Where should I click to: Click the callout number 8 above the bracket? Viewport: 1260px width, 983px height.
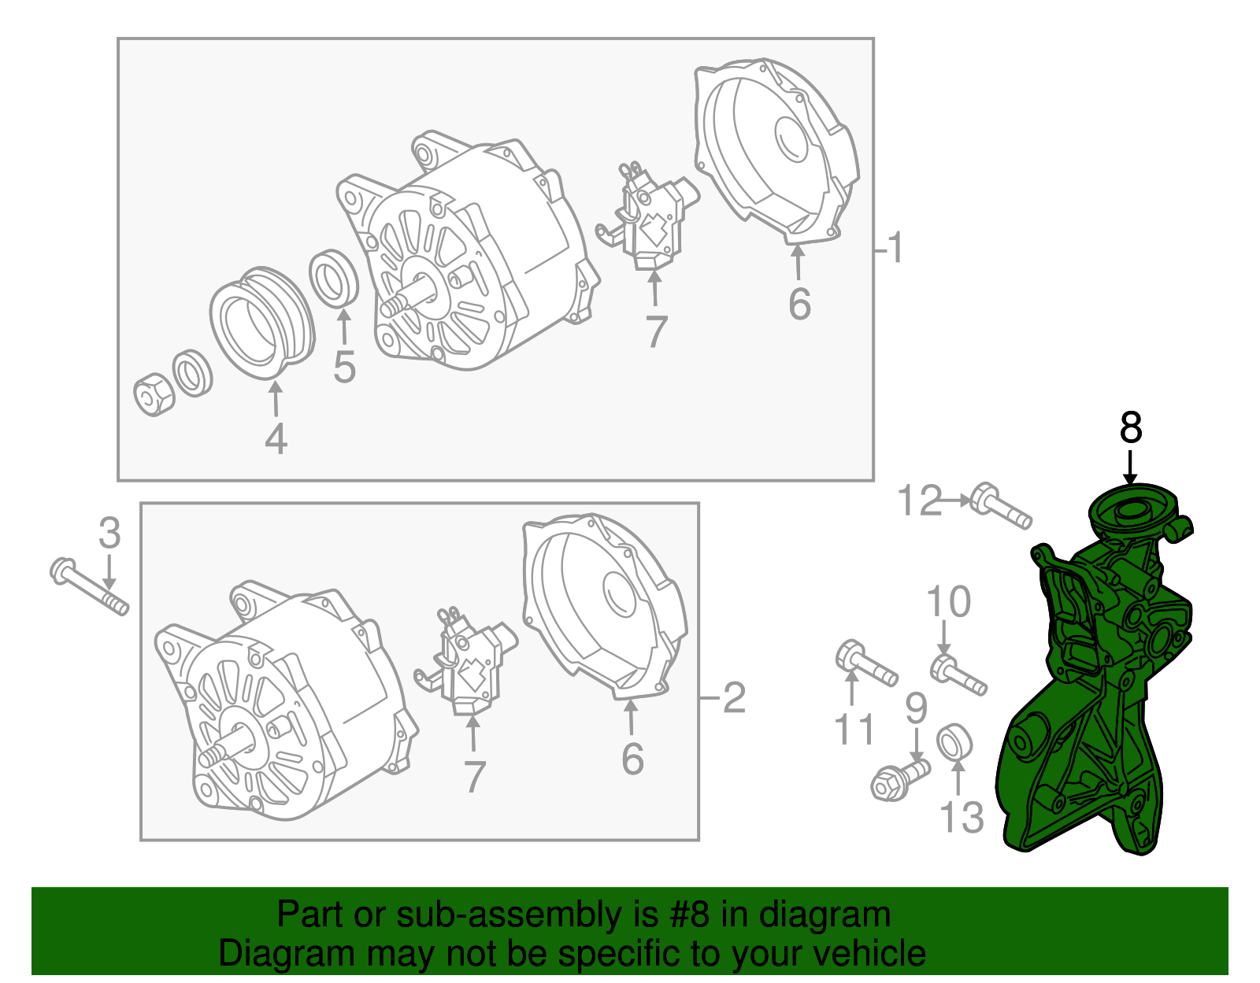click(1130, 429)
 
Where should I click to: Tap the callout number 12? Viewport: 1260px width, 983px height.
click(920, 501)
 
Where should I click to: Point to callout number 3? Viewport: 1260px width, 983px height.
click(109, 534)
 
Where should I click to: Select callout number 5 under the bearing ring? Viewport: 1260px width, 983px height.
click(344, 367)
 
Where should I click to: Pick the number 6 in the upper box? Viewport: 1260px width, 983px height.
click(799, 305)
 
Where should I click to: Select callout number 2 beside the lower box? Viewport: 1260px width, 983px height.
click(734, 698)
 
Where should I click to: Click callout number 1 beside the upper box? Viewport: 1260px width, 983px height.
click(895, 249)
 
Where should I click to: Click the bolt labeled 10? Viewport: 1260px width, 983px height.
click(958, 675)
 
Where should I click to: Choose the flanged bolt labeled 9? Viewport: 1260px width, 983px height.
click(899, 778)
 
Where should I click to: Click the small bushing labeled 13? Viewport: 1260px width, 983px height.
click(954, 742)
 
